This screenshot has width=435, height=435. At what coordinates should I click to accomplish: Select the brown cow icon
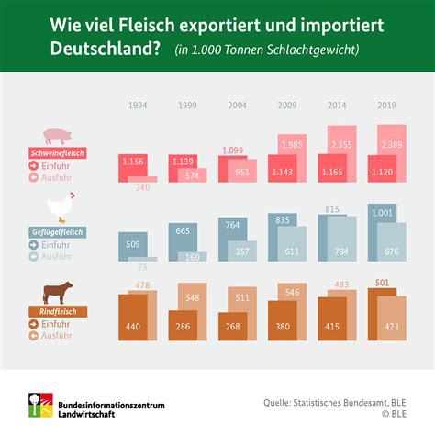(59, 294)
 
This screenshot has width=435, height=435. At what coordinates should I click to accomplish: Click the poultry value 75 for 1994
(141, 267)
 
